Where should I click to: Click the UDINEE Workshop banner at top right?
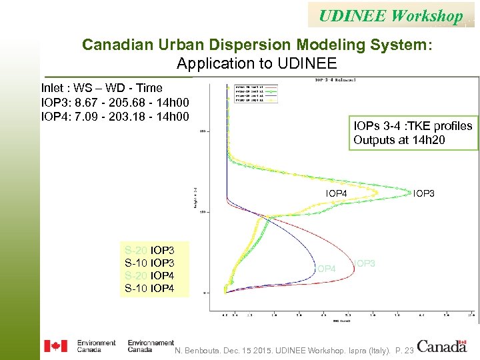coord(391,15)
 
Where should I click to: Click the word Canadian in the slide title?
coord(112,45)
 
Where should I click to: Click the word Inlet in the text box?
coord(53,88)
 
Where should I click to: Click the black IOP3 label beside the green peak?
coord(424,193)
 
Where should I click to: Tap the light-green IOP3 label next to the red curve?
coord(365,263)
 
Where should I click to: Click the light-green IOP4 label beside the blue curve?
coord(323,268)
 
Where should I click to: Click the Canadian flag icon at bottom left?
coord(55,346)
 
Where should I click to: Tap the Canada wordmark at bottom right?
coord(442,346)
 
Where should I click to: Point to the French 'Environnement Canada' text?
coord(151,346)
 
